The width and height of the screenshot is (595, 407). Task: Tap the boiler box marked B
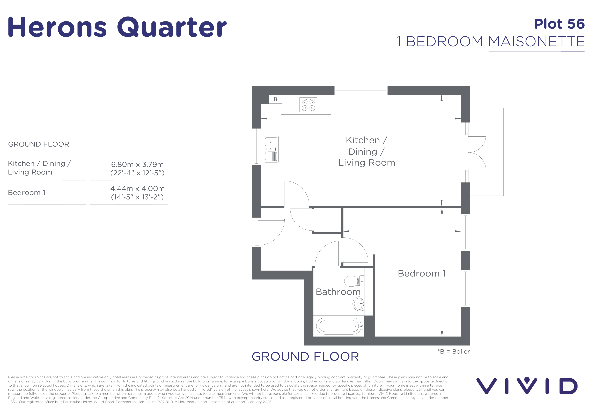275,99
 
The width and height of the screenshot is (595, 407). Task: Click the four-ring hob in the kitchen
308,105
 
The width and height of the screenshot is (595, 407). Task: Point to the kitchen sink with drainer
271,149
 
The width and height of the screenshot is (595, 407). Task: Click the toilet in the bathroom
354,281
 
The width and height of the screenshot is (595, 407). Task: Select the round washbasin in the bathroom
359,304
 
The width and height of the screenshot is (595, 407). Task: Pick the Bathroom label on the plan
338,292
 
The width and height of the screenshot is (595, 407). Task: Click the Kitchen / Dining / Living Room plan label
367,151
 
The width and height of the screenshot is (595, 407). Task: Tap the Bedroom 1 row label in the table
27,193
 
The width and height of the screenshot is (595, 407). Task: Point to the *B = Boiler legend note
453,351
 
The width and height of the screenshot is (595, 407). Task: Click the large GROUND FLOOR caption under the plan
305,357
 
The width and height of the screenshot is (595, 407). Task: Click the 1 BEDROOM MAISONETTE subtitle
490,41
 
